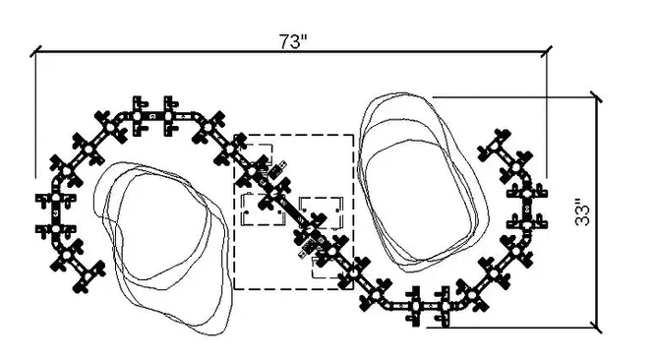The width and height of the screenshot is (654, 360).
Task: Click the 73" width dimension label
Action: pos(293,41)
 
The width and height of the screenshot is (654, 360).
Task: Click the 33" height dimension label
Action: pos(583,214)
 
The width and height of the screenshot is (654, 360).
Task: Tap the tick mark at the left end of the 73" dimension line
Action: pos(35,51)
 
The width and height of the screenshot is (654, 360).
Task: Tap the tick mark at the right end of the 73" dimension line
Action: pos(547,52)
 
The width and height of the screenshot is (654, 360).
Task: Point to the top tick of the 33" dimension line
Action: pos(596,97)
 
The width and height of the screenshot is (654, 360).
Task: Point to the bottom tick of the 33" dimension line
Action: pos(596,327)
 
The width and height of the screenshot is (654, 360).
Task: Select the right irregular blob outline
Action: pos(422,182)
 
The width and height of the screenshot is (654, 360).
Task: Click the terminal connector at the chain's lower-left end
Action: pos(89,277)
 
